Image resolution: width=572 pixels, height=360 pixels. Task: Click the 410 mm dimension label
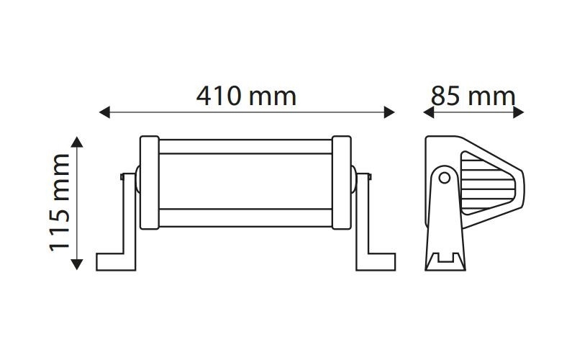tap(246, 96)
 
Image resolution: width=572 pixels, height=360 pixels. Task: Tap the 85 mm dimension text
tap(473, 96)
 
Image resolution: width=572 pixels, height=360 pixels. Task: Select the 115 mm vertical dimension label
tap(60, 203)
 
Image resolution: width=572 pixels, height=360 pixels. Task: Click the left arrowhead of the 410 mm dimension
tap(104, 112)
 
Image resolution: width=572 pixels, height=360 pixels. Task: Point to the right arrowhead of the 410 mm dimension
tap(389, 112)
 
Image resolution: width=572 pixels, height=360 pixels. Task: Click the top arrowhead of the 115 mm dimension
tap(76, 142)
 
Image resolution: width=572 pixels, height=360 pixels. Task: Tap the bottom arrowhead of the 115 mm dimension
tap(76, 264)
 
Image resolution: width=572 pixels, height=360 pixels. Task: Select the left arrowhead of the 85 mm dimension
tap(428, 112)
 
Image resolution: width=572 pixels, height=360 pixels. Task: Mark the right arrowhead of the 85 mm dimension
tap(518, 112)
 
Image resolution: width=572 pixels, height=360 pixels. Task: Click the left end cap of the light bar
tap(150, 183)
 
